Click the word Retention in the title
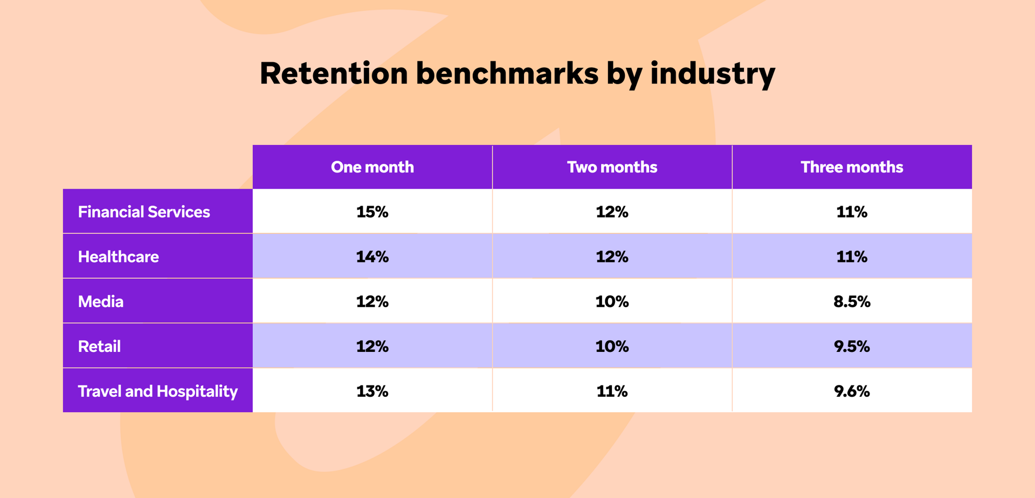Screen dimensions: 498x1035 click(x=334, y=73)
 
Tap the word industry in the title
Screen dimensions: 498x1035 click(x=713, y=73)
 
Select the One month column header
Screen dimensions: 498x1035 click(x=372, y=167)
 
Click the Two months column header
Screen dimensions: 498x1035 click(x=612, y=167)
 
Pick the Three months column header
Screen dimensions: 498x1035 click(x=852, y=167)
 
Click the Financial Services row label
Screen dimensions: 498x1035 click(x=144, y=212)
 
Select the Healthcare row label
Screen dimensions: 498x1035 click(x=119, y=257)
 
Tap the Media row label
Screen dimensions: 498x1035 click(x=101, y=301)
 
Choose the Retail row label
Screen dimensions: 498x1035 click(x=99, y=346)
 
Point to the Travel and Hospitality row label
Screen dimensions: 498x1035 click(x=157, y=391)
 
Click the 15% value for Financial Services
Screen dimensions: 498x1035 click(x=372, y=212)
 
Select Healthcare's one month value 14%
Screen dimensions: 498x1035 click(x=372, y=257)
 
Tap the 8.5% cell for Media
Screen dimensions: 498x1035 click(x=852, y=301)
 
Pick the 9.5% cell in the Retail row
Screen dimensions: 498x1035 click(x=852, y=346)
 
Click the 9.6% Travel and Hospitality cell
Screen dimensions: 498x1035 click(x=852, y=391)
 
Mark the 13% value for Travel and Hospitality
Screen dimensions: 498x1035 click(x=372, y=391)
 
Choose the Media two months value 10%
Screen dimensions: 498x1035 click(x=612, y=301)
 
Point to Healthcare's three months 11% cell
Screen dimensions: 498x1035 click(x=852, y=257)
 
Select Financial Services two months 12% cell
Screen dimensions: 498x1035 click(x=612, y=212)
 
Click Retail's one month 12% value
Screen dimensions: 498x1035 click(x=372, y=346)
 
